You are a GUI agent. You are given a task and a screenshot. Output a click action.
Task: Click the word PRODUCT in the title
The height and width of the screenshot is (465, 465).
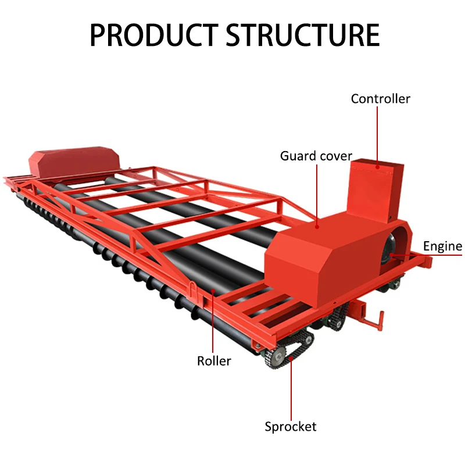154,35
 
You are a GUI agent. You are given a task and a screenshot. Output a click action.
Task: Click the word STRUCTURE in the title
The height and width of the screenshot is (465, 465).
303,35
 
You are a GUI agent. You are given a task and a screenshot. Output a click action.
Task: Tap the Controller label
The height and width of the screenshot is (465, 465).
381,99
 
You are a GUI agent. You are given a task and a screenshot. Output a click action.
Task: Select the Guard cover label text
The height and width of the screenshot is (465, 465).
316,156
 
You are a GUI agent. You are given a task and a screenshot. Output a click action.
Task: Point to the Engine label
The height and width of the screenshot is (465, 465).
442,246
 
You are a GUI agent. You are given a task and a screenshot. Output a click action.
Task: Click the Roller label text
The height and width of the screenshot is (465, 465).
214,361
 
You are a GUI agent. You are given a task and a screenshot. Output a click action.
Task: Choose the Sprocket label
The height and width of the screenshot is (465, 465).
290,427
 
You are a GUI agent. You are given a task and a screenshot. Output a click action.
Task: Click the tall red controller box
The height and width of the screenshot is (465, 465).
375,190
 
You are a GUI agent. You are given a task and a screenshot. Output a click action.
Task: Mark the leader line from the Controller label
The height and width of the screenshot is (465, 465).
377,137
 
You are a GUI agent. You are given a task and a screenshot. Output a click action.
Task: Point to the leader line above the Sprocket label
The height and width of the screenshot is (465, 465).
291,389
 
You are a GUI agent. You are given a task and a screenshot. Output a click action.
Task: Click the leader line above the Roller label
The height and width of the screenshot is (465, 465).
213,322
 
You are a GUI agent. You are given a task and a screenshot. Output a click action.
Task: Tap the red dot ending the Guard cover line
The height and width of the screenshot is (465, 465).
317,227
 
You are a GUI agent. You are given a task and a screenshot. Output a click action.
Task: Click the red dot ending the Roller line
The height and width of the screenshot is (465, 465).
213,291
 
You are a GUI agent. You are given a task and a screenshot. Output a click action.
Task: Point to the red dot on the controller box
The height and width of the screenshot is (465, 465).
377,167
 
